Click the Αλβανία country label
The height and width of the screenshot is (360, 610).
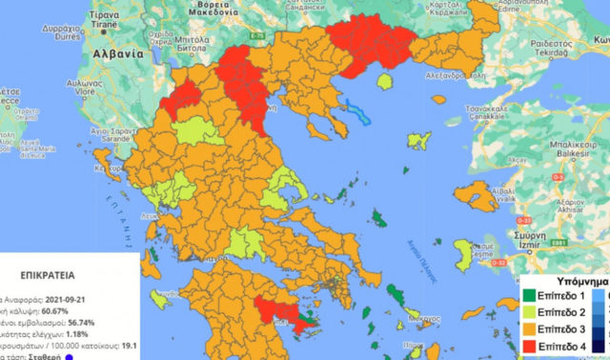115,55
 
